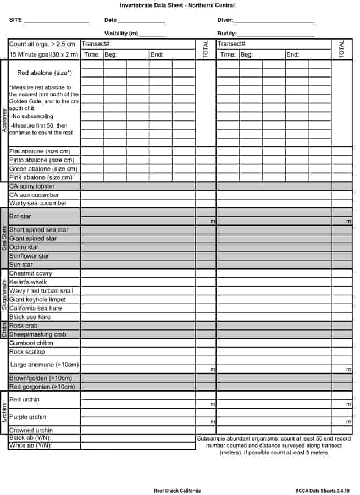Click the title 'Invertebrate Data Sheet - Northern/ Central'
[x=177, y=5]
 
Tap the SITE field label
[x=15, y=20]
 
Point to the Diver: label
[x=225, y=20]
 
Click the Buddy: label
[x=226, y=34]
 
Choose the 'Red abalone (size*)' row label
[x=44, y=73]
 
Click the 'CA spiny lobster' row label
[x=32, y=186]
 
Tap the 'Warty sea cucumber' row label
[x=37, y=204]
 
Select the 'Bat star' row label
[x=20, y=217]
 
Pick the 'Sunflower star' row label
[x=29, y=256]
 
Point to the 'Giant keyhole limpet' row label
[x=37, y=300]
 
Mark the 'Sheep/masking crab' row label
[x=37, y=334]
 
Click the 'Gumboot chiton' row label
[x=31, y=343]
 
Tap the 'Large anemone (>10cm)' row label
[x=44, y=365]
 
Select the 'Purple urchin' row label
[x=27, y=417]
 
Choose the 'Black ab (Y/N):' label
[x=30, y=438]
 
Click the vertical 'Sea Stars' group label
[x=4, y=238]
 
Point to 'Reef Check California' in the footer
[x=177, y=491]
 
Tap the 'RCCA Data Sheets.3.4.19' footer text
[x=322, y=491]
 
